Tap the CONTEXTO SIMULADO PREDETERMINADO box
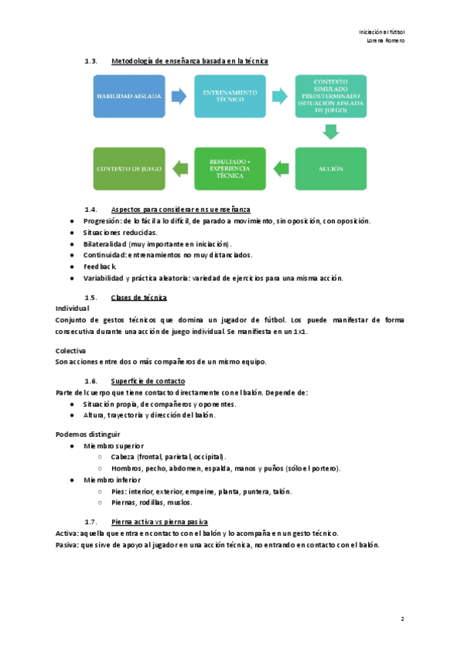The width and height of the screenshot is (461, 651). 331,96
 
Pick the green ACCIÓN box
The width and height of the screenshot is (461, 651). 331,168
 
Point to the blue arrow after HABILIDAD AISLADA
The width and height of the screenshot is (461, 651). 179,96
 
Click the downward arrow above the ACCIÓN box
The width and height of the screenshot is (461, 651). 331,132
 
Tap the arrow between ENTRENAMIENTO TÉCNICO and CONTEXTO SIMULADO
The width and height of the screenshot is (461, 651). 281,96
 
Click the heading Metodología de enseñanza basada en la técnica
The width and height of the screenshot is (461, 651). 189,61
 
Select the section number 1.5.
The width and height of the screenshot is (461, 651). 91,297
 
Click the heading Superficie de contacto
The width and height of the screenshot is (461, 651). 148,382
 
